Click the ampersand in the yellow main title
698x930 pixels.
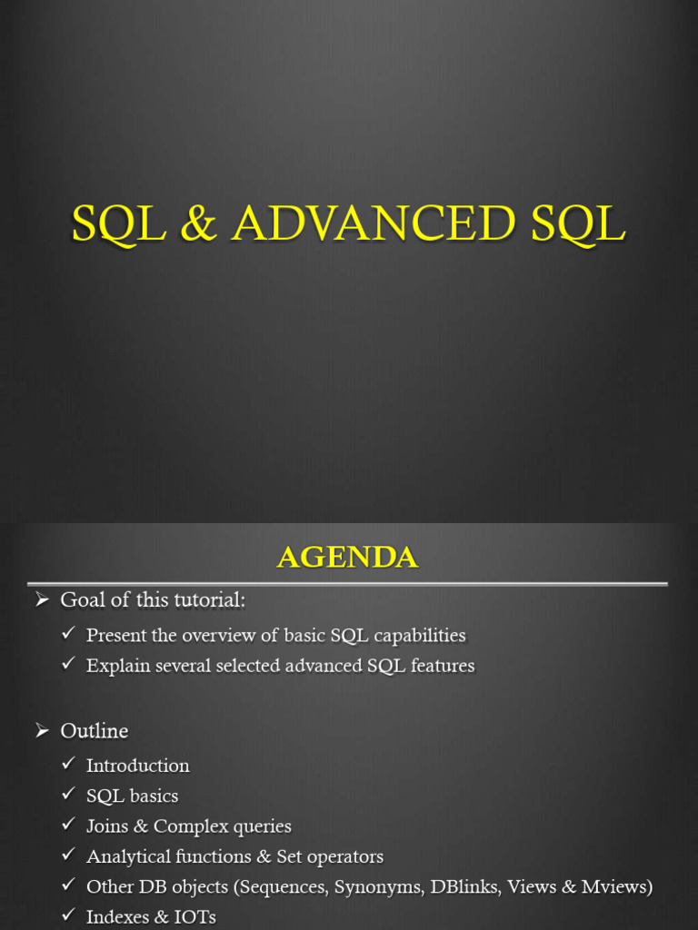tap(199, 224)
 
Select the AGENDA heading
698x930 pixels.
tap(347, 557)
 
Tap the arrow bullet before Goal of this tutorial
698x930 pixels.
tap(41, 599)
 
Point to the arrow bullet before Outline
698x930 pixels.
tap(41, 730)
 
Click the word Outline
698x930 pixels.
tap(94, 731)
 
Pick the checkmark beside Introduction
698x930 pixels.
tap(68, 764)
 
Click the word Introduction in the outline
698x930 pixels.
tap(137, 766)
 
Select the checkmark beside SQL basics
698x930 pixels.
tap(68, 794)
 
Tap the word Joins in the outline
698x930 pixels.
tap(107, 826)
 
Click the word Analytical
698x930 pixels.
tap(128, 857)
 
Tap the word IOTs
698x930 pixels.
tap(194, 917)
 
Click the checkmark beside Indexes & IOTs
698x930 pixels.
tap(68, 915)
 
